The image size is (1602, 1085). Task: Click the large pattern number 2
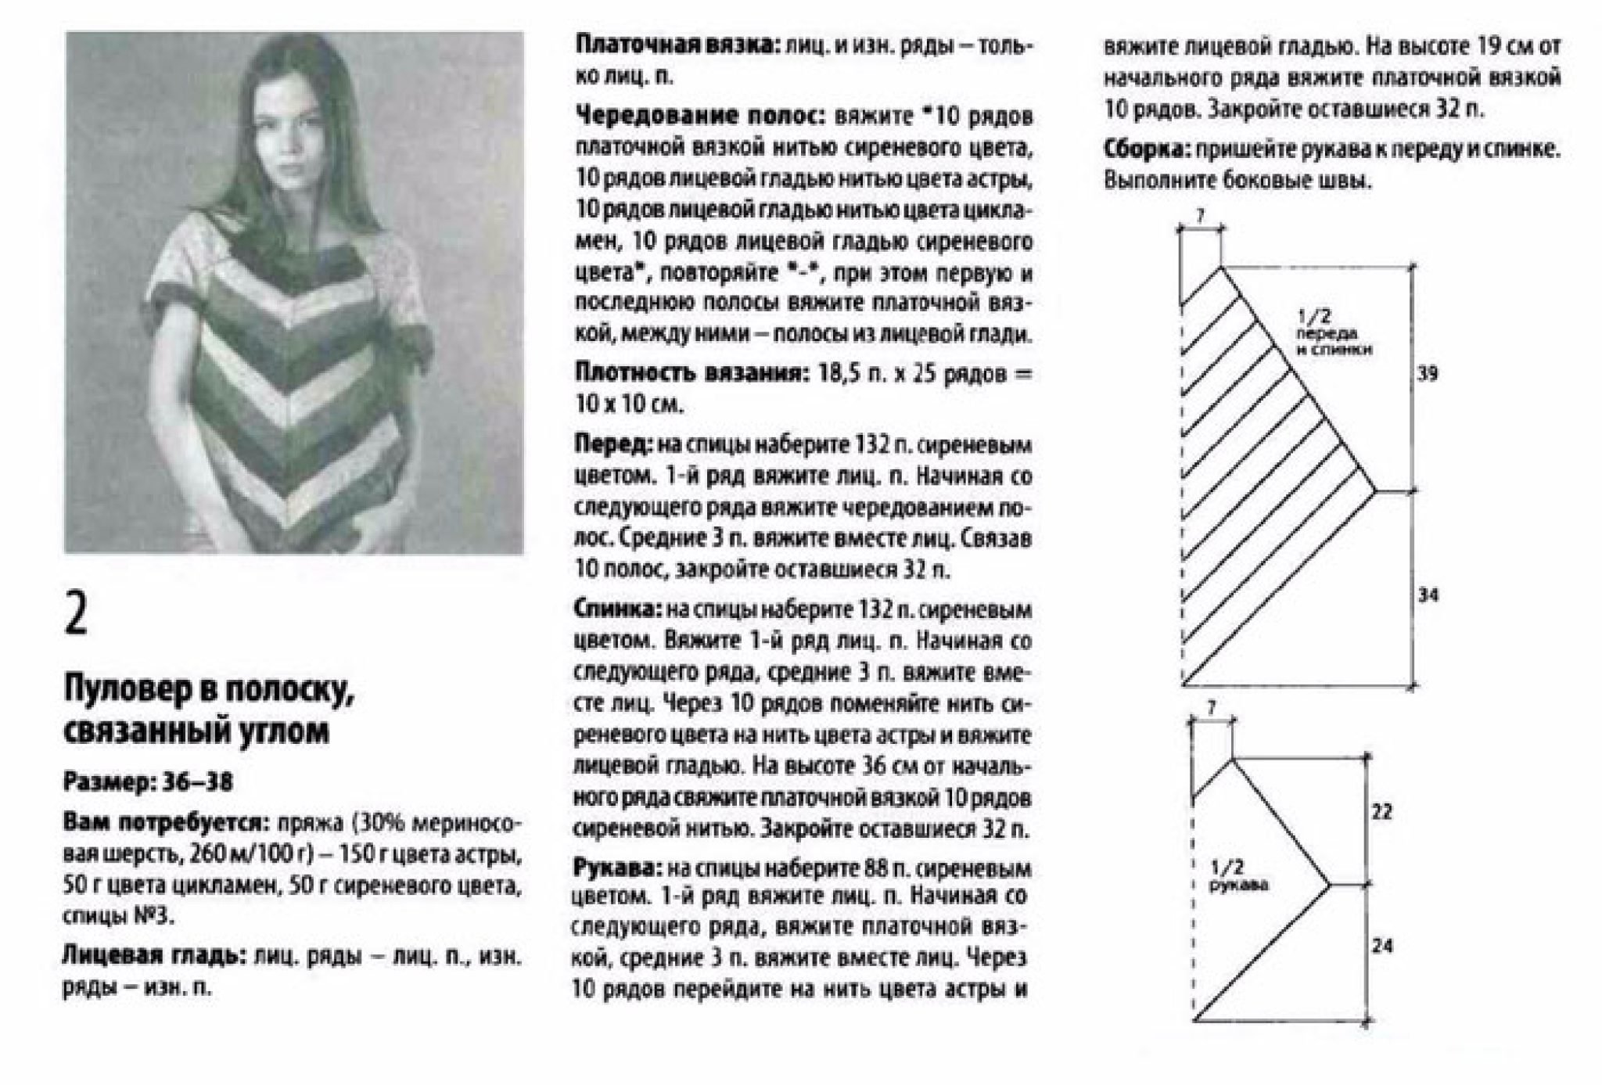[77, 616]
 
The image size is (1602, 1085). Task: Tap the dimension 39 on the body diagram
[1428, 374]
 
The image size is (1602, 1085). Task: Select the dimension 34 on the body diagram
[1428, 596]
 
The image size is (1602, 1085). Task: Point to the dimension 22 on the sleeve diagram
[1382, 812]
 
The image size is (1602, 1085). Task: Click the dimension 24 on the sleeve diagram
[1382, 947]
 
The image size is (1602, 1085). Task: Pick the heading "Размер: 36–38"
[148, 782]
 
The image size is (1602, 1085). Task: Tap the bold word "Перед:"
[612, 444]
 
